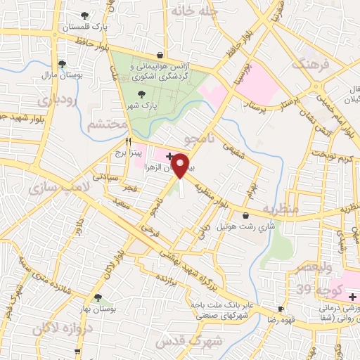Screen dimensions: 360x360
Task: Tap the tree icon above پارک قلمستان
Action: point(86,15)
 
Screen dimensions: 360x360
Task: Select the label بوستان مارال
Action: point(57,74)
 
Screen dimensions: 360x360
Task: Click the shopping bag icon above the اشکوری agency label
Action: point(161,55)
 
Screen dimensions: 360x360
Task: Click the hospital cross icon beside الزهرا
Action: point(169,154)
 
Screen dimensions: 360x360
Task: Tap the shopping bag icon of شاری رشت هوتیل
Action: point(245,215)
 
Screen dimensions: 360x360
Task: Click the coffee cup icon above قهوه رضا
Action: point(281,309)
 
